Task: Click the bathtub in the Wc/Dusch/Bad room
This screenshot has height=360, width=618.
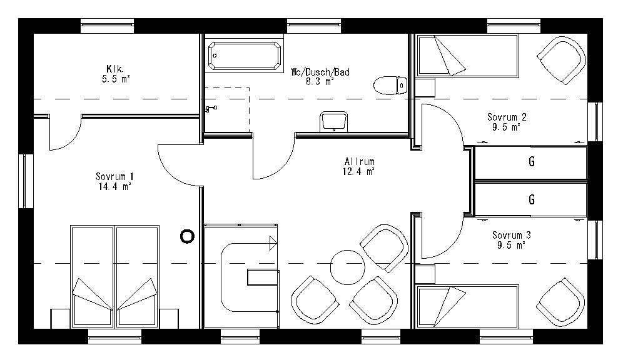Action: point(245,56)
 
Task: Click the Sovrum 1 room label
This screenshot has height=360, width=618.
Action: point(114,176)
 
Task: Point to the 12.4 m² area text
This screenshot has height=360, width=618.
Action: point(358,171)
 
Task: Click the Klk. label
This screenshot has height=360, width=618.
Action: point(116,69)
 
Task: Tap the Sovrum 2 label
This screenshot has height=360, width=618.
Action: point(507,117)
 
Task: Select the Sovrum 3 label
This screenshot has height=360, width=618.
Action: point(511,235)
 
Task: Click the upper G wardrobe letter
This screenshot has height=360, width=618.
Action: point(531,162)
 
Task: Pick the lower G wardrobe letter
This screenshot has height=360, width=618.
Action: point(531,200)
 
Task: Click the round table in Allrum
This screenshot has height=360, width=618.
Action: point(347,266)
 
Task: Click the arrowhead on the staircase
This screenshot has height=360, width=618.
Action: point(273,243)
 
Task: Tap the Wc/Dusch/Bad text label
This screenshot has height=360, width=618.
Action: point(320,72)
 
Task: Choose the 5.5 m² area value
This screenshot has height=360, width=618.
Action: point(116,79)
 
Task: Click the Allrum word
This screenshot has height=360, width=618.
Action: point(358,161)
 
